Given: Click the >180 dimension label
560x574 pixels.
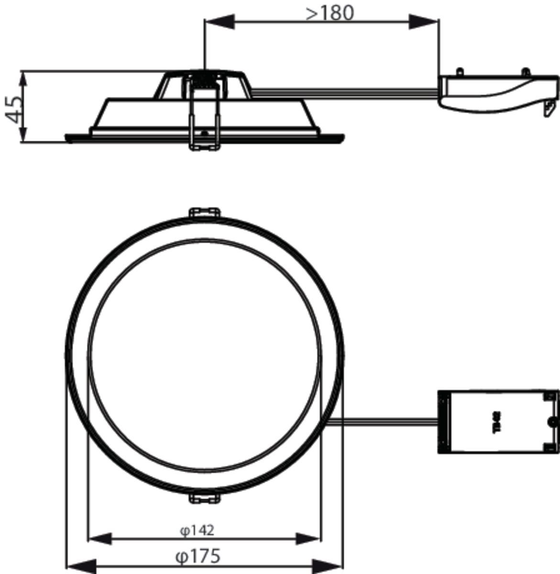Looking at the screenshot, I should (x=330, y=13).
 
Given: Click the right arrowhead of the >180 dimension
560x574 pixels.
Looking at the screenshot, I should (x=424, y=21).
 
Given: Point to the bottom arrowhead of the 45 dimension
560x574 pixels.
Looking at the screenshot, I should (x=22, y=133).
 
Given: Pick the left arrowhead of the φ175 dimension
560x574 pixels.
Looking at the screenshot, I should (x=79, y=565).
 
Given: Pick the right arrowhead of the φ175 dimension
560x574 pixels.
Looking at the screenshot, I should (x=330, y=565).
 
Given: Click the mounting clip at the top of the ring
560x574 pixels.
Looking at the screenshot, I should (x=205, y=213).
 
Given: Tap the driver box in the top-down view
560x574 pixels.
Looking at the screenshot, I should (x=498, y=422).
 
